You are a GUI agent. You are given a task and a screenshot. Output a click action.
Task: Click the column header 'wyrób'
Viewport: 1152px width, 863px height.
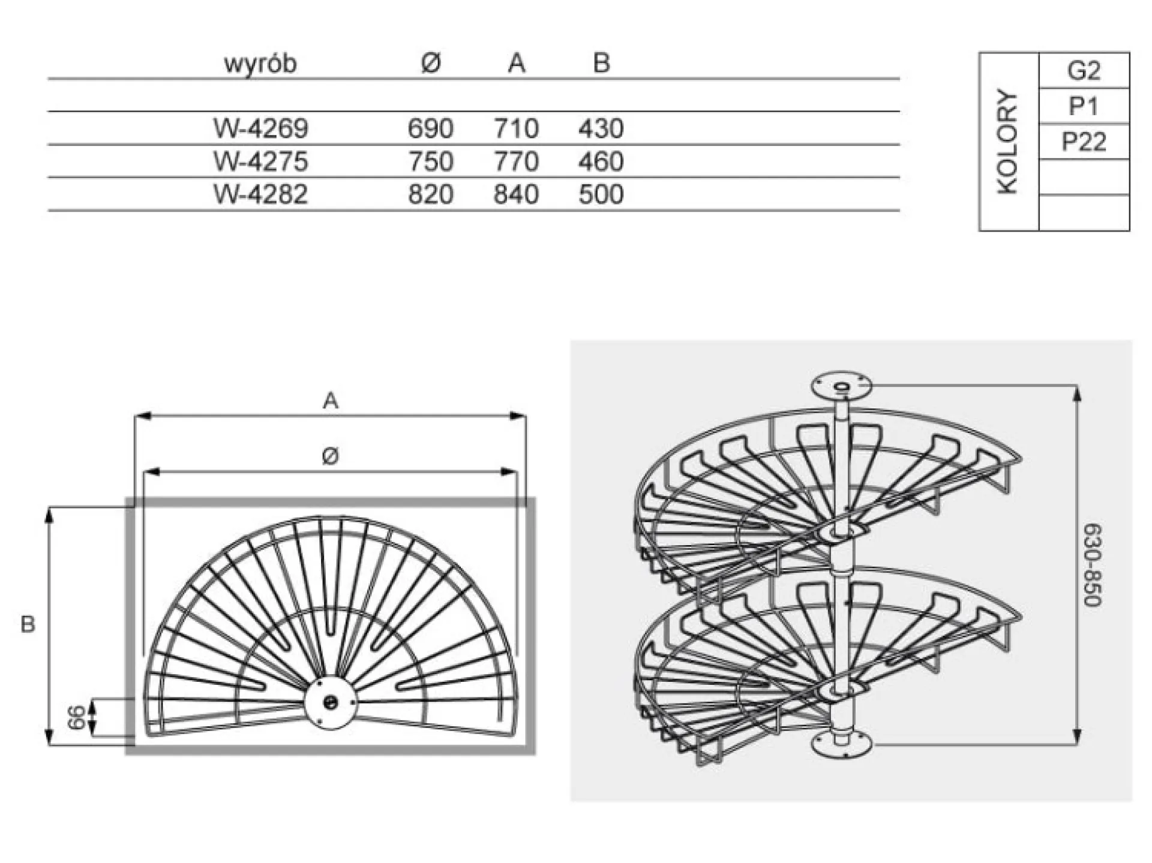tap(260, 63)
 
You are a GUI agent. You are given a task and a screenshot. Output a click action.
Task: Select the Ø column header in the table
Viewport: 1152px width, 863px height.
tap(430, 62)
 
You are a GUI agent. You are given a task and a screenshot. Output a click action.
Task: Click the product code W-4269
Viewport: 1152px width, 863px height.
tap(260, 128)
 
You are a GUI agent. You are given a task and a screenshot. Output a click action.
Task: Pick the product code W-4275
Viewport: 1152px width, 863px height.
tap(260, 161)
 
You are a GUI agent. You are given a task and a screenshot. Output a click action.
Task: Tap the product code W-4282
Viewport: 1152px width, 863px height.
tap(260, 194)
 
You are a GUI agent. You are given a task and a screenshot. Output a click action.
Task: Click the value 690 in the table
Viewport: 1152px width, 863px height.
tap(430, 128)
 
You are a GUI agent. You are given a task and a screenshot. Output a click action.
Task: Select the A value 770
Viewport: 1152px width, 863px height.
tap(515, 161)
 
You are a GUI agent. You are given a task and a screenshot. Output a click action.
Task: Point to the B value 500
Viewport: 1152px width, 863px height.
tap(601, 194)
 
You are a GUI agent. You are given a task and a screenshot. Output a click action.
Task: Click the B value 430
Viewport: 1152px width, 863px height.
tap(601, 128)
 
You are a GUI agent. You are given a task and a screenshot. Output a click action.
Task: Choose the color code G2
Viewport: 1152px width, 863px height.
tap(1084, 71)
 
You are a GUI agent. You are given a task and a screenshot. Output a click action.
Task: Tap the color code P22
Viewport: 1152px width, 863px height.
tap(1084, 142)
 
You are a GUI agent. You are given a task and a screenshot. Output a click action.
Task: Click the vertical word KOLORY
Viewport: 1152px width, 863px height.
tap(1008, 142)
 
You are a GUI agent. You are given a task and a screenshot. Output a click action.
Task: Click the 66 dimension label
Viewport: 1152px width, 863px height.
tap(77, 717)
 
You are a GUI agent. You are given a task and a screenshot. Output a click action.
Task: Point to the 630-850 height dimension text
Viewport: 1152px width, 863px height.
tap(1093, 565)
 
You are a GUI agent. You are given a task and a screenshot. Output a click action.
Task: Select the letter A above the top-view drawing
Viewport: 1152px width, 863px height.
tap(331, 400)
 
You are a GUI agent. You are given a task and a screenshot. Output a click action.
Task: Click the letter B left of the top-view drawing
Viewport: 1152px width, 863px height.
tap(28, 624)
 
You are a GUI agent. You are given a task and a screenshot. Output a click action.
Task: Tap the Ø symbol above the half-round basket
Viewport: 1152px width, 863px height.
tap(330, 456)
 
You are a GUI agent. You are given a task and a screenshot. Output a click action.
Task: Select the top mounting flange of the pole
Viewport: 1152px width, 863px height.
tap(841, 385)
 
